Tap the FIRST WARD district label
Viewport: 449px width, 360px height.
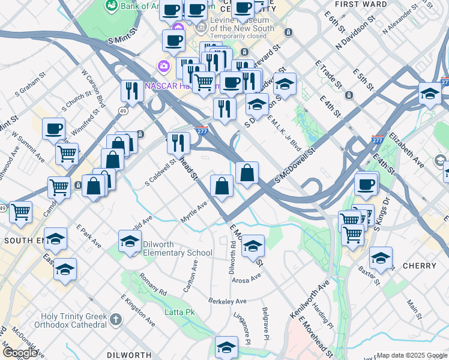(361, 4)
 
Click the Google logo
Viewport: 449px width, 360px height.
(19, 353)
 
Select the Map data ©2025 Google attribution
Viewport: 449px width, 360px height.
(412, 355)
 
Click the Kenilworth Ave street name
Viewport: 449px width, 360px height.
(318, 298)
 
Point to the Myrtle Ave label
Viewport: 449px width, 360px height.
(193, 212)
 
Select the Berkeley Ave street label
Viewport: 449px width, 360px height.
(228, 301)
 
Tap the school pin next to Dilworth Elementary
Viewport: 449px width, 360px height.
(129, 241)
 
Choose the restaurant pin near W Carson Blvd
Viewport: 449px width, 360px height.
(131, 90)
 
